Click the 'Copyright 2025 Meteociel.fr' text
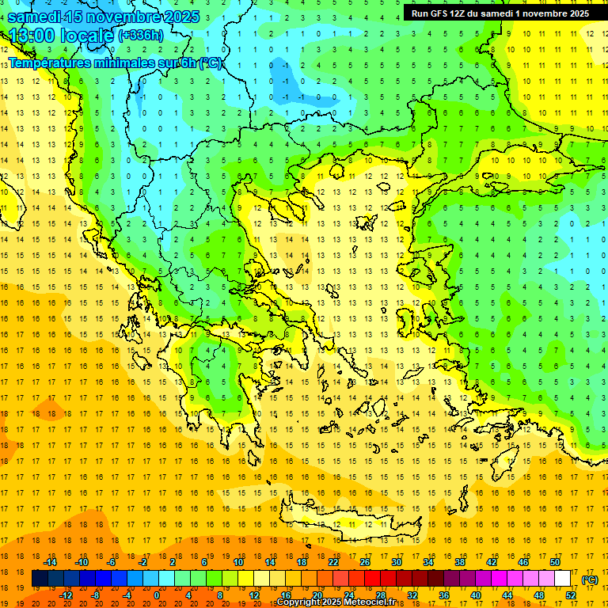pyautogui.click(x=336, y=602)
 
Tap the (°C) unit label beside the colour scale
pyautogui.click(x=590, y=579)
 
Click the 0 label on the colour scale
pyautogui.click(x=157, y=595)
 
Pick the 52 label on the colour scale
pyautogui.click(x=571, y=595)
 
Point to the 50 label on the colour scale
pyautogui.click(x=555, y=562)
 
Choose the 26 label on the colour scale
pyautogui.click(x=365, y=562)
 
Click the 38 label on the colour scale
pyautogui.click(x=460, y=562)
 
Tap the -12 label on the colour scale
pyautogui.click(x=66, y=595)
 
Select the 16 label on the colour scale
pyautogui.click(x=286, y=595)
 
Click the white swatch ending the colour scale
pyautogui.click(x=563, y=579)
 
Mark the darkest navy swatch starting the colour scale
pyautogui.click(x=40, y=579)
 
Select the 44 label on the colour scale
pyautogui.click(x=507, y=595)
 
